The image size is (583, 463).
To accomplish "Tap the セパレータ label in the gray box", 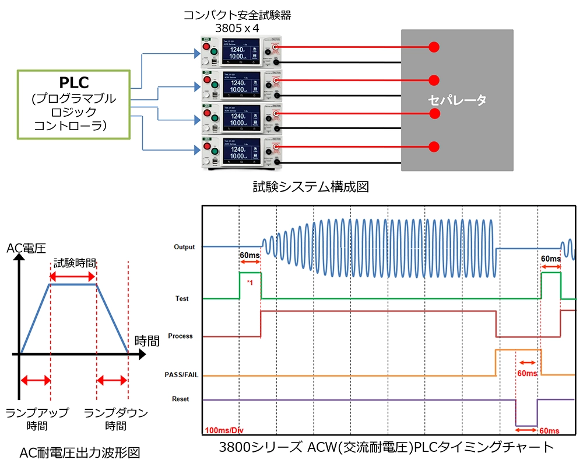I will pos(457,100).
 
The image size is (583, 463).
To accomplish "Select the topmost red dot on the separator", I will pos(433,47).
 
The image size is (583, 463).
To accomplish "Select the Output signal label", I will pos(184,247).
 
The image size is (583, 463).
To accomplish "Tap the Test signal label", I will pos(182,298).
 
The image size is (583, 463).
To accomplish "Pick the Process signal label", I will pos(180,336).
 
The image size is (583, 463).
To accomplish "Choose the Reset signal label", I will pos(181,399).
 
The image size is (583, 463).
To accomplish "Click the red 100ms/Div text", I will pos(223,430).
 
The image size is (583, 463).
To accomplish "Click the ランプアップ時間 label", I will pos(36,419).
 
